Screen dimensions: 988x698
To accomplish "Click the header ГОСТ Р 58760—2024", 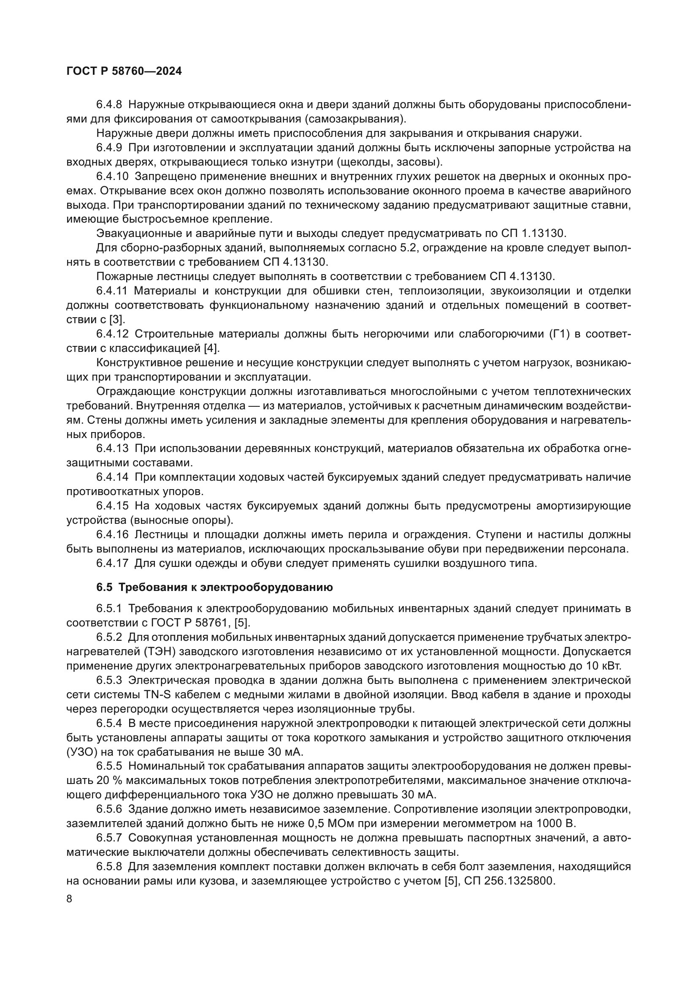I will pos(124,71).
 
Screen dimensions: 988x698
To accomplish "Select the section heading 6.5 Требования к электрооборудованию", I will pos(214,588).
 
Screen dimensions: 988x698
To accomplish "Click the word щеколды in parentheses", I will pos(365,162).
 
